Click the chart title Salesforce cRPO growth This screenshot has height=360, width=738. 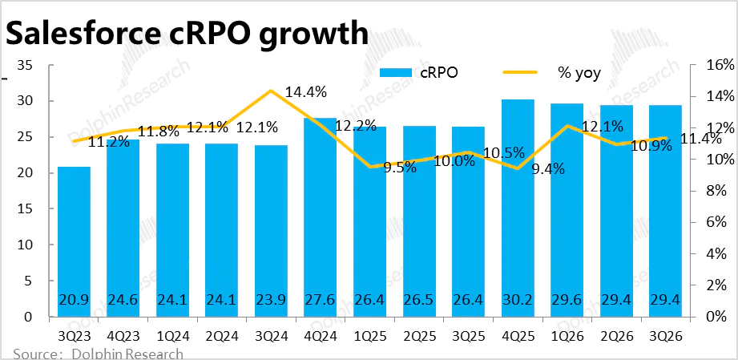tap(187, 34)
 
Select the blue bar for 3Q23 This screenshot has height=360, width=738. tap(74, 241)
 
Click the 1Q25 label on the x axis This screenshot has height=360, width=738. tap(369, 334)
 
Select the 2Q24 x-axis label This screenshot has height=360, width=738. tap(221, 334)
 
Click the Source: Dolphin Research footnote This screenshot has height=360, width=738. tap(98, 354)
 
